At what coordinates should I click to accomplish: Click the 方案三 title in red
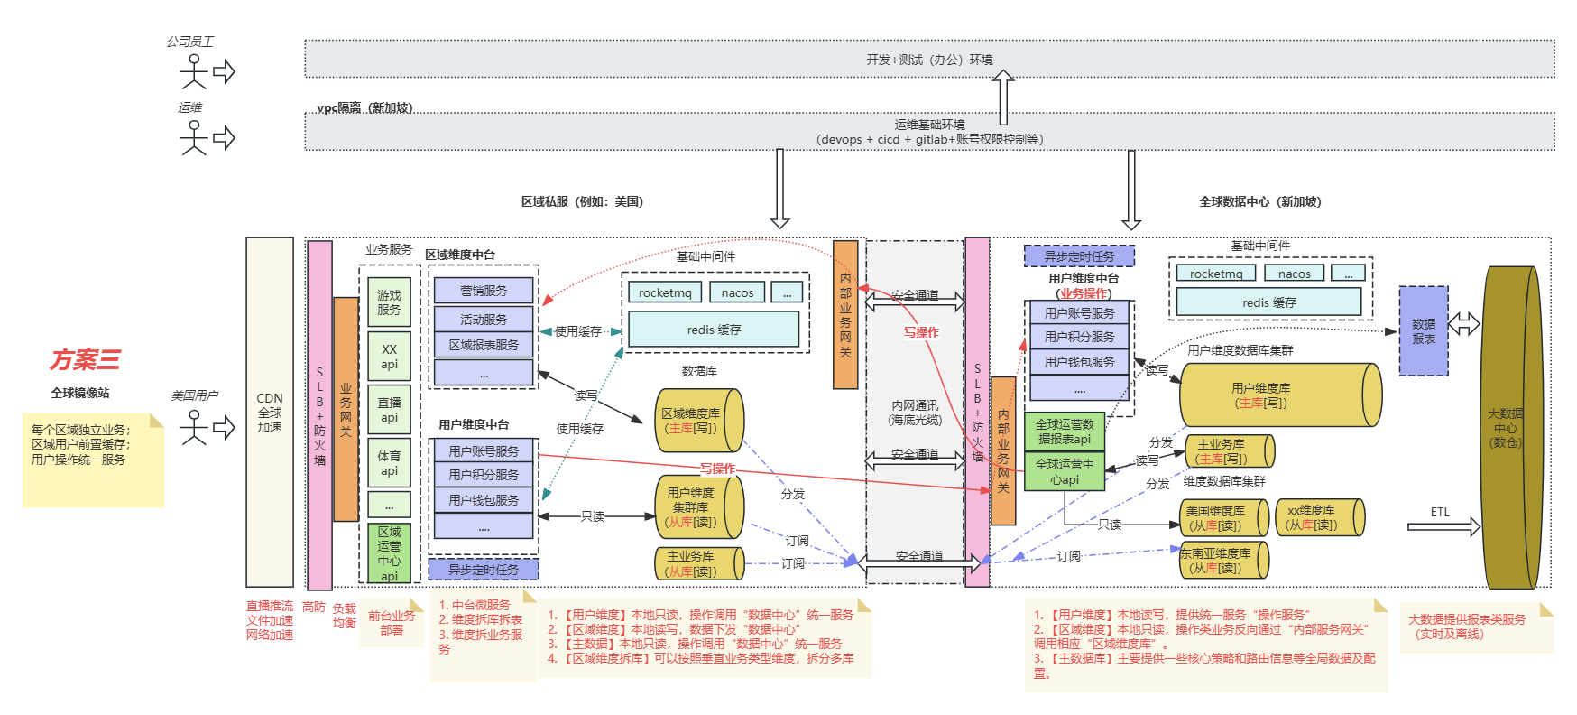point(85,360)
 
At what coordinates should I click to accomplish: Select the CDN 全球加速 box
point(270,412)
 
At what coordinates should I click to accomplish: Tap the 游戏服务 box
point(389,302)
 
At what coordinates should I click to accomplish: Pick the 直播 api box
point(389,410)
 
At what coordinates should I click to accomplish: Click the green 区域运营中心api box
point(389,553)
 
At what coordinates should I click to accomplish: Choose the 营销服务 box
point(484,291)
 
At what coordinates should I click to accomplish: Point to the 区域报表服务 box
point(484,345)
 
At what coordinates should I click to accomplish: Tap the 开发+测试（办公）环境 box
point(929,60)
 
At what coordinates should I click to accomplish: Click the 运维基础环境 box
point(929,132)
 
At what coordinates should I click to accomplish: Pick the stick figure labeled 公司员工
point(194,71)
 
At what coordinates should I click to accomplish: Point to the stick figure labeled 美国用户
point(194,427)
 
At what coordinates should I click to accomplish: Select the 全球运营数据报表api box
point(1065,432)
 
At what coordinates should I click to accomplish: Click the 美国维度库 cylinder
point(1223,517)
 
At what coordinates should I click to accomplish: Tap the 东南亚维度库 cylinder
point(1223,561)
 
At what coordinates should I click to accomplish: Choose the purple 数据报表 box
point(1424,331)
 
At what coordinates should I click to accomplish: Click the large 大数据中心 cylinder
point(1510,428)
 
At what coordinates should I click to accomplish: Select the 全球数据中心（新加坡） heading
point(1259,202)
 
